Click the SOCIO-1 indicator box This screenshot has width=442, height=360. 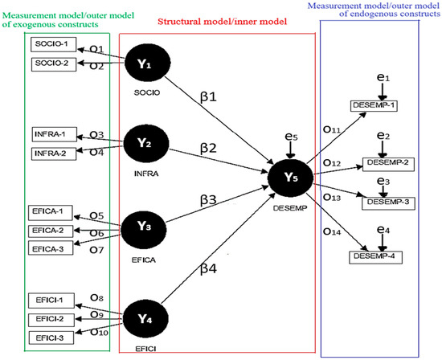point(53,44)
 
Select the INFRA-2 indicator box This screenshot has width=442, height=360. point(54,153)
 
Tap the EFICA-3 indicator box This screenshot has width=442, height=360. point(51,248)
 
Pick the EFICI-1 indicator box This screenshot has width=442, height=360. point(51,301)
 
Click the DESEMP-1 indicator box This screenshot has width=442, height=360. point(374,106)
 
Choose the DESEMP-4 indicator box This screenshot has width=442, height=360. point(375,257)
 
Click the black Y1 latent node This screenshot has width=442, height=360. point(147,63)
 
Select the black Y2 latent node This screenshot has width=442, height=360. point(146,144)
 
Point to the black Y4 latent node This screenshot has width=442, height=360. point(145,319)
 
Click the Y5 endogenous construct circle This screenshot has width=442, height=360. point(290,178)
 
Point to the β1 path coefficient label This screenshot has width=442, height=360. point(208,97)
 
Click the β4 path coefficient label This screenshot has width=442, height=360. point(209,268)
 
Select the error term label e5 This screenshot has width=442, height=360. point(291,137)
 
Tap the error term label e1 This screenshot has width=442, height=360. point(383,77)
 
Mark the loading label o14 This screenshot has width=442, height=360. point(332,231)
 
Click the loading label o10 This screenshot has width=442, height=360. point(99,332)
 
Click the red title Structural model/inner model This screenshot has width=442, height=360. point(222,22)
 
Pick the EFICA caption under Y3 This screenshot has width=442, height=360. point(144,260)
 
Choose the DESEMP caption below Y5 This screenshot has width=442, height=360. point(290,208)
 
